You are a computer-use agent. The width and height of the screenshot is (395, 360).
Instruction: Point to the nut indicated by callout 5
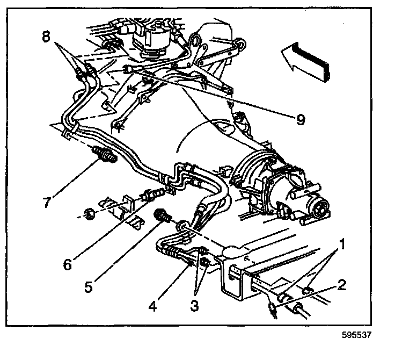162,216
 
